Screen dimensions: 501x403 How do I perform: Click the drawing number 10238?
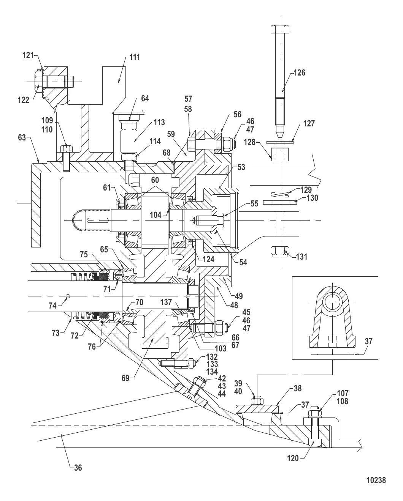(x=376, y=481)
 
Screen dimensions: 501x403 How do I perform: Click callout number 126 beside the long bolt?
(x=299, y=72)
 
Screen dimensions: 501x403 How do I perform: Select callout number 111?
(x=134, y=57)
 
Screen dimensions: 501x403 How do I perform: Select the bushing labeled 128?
(x=279, y=153)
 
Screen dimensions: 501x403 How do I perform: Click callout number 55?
(x=254, y=204)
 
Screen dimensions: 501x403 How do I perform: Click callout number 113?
(x=159, y=122)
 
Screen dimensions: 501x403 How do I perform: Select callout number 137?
(x=166, y=302)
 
